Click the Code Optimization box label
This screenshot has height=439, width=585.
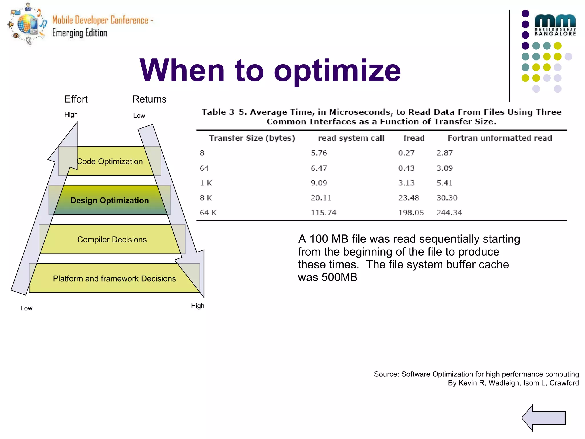[110, 161]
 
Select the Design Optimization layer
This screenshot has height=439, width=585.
[110, 200]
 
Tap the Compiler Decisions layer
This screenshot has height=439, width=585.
[112, 240]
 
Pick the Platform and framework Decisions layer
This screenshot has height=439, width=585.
[114, 278]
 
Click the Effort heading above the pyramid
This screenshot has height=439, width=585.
[76, 99]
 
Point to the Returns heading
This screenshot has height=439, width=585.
[149, 99]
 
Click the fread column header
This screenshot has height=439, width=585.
[414, 138]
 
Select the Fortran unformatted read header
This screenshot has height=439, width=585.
[500, 138]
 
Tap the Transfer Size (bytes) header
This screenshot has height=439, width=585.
[252, 138]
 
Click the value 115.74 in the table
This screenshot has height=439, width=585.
[324, 213]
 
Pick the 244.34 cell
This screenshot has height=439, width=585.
[449, 213]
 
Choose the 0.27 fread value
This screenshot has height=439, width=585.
[406, 153]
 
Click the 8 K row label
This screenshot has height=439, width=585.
[206, 198]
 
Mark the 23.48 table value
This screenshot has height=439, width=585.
[408, 198]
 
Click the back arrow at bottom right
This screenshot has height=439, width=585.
[544, 418]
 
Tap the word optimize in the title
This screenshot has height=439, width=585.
[337, 71]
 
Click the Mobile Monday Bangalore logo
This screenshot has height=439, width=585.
[555, 25]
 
